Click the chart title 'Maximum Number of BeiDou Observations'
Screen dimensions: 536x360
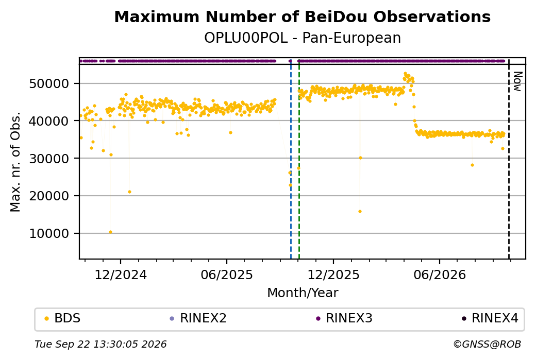click(302, 16)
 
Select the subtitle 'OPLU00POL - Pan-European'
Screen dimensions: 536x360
click(302, 38)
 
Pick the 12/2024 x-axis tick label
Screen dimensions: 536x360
click(120, 275)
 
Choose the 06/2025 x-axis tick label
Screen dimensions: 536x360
click(227, 275)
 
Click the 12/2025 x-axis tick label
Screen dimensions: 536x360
click(333, 275)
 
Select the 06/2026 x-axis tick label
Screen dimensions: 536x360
click(440, 275)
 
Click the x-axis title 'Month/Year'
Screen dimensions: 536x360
click(303, 293)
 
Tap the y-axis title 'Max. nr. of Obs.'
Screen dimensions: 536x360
click(15, 162)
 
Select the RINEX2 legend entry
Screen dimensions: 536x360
click(198, 318)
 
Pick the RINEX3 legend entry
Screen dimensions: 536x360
click(344, 318)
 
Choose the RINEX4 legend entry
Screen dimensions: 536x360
click(490, 318)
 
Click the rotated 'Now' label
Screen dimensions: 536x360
click(517, 81)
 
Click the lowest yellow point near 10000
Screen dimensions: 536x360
click(110, 232)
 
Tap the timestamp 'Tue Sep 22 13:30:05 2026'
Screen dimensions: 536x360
click(100, 344)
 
